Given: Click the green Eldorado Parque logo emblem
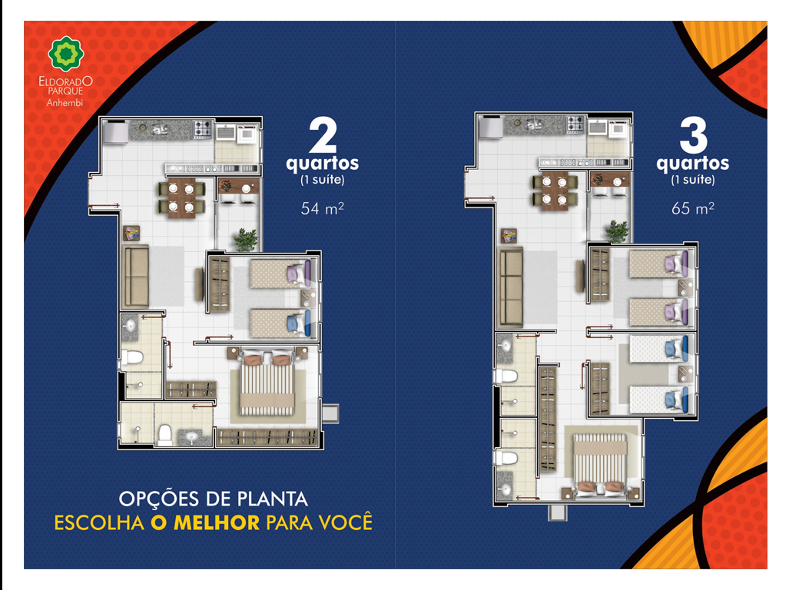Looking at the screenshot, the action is pos(66,53).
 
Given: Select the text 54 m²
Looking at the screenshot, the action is pos(322,208).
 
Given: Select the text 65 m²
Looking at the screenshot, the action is pos(692,208).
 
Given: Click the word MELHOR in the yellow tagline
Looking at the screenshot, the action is pos(217,523).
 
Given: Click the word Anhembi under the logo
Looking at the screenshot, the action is pos(65,103).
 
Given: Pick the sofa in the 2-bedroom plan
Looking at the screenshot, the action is pos(136,276).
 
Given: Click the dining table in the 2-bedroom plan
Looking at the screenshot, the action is pos(181,197).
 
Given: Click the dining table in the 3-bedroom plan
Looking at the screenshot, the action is pos(555,192).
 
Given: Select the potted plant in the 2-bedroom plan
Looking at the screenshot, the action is pos(246,240).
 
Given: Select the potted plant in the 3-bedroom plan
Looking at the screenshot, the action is pos(616,231).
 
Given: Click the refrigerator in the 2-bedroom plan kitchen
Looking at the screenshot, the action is pos(115,132).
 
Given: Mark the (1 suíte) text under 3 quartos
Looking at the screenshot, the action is pos(693,180).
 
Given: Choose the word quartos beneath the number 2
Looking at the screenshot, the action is pos(323,164).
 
